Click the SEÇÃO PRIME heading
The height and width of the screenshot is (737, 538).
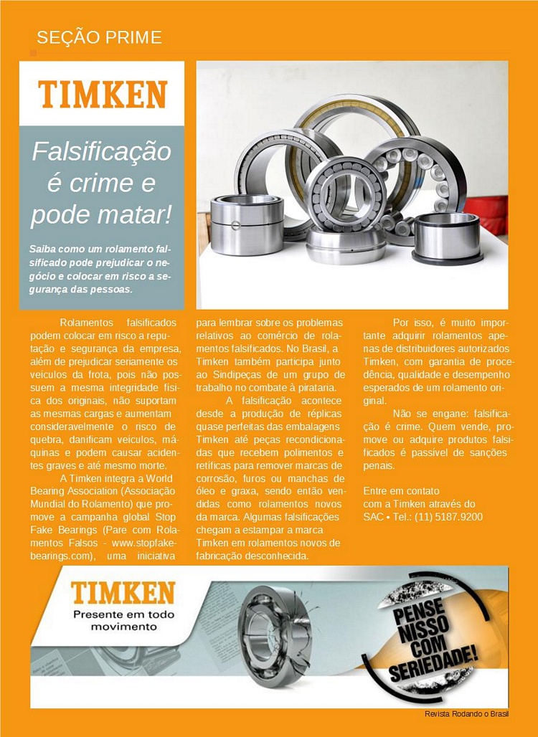(x=99, y=37)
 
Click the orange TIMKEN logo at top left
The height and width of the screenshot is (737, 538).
(x=102, y=94)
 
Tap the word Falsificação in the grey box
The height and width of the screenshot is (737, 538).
(x=102, y=152)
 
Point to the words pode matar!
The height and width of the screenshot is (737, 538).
(x=102, y=214)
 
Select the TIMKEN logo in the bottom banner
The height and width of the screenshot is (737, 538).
(x=123, y=592)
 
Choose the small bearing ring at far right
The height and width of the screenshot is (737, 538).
(x=446, y=237)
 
